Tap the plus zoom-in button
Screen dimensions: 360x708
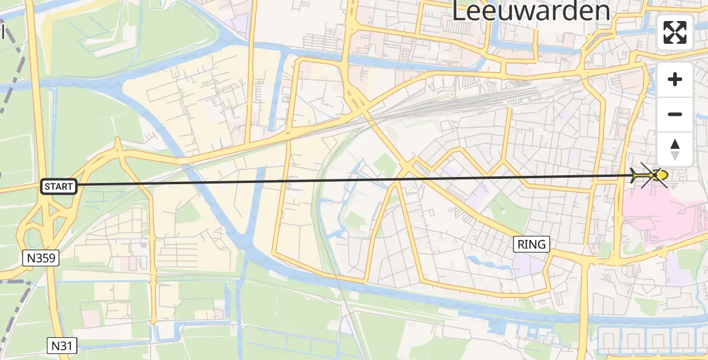click(675, 79)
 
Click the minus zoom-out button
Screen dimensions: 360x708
click(675, 114)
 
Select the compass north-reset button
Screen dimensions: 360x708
click(675, 149)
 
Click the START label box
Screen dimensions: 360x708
click(59, 187)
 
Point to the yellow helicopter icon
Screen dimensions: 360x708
click(654, 175)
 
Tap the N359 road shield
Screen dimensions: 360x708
click(41, 259)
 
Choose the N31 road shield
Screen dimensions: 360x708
click(62, 345)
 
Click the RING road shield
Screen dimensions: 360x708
click(532, 244)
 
